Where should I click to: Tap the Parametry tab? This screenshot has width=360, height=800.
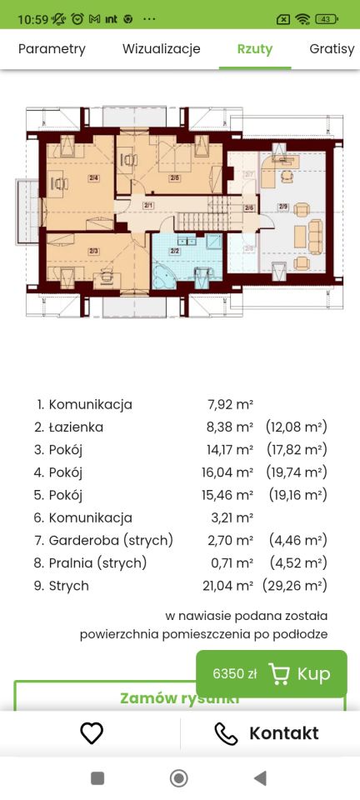tap(52, 49)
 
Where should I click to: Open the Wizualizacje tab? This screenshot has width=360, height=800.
tap(162, 49)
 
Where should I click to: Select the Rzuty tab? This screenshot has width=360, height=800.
tap(254, 49)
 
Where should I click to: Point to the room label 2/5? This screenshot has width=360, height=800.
tap(174, 177)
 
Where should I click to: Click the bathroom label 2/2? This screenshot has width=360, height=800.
tap(175, 250)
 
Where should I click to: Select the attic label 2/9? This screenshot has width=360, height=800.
tap(283, 207)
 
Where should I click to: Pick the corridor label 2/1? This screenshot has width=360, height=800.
tap(148, 205)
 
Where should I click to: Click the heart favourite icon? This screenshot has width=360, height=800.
tap(91, 733)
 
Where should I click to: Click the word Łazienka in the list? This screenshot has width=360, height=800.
tap(76, 427)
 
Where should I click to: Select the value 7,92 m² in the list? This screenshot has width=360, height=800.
tap(230, 405)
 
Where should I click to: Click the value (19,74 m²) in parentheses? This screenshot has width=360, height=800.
tap(296, 472)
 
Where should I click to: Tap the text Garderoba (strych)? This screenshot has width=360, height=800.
tap(111, 541)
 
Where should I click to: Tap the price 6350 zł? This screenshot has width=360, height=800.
tap(235, 673)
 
